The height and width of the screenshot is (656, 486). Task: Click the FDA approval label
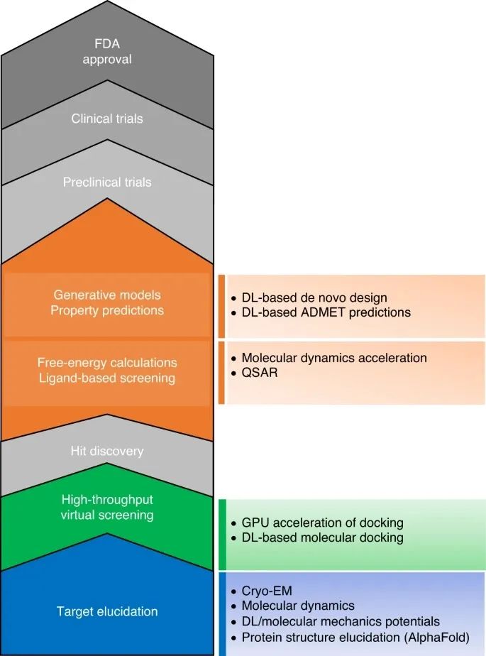[106, 51]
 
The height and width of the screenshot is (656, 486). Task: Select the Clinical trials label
[106, 119]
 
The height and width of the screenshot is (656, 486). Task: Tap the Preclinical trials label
[106, 182]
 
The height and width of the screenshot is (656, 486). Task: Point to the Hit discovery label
[106, 451]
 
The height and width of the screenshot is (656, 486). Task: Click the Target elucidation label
[106, 611]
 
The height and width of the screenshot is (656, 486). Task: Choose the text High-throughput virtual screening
[106, 507]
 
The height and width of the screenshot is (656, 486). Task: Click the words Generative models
[106, 295]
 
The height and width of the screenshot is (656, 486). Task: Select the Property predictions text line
[106, 310]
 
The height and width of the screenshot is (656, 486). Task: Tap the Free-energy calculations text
[106, 363]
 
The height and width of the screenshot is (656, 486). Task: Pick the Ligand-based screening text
[106, 378]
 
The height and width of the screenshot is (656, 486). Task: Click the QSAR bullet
[258, 372]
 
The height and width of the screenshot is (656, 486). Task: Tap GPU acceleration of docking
[322, 523]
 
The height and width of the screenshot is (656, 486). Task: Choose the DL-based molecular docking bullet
[322, 537]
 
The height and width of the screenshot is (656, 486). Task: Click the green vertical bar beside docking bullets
[222, 535]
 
